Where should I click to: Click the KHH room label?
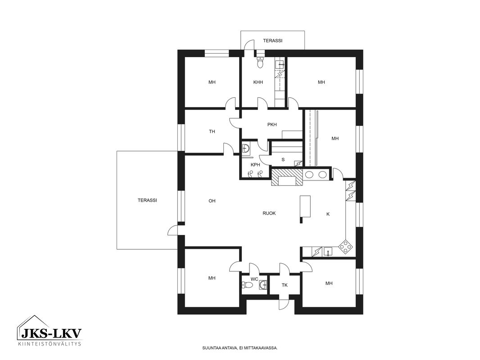click(258, 82)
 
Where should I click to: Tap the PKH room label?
click(272, 125)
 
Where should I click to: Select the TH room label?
click(212, 131)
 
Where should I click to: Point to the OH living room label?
click(212, 201)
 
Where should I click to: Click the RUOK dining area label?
click(269, 213)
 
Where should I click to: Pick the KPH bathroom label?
click(255, 165)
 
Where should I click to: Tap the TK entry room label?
click(285, 285)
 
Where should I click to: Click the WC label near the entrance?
click(254, 279)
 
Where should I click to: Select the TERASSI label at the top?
click(272, 40)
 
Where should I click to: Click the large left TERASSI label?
click(147, 200)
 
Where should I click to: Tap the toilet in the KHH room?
click(260, 62)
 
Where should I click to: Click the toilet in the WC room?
click(247, 285)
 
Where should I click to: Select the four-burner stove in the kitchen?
click(345, 247)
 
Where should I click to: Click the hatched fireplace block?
click(287, 177)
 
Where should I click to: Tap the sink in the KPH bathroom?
click(245, 148)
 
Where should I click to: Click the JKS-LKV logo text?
click(51, 333)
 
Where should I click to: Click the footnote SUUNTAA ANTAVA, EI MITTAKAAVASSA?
click(240, 348)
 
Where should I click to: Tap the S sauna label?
click(283, 159)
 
